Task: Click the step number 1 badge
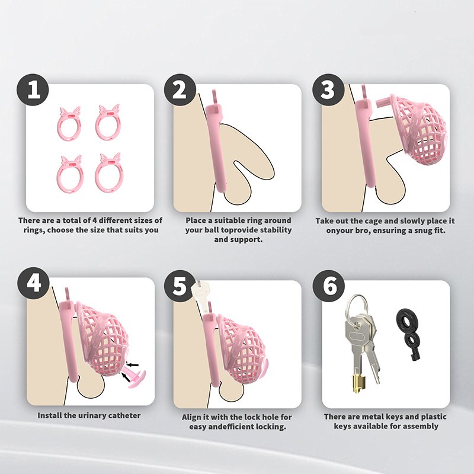click(33, 90)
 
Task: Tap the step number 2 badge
click(180, 90)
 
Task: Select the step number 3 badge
click(328, 90)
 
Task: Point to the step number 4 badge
click(33, 283)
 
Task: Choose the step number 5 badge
click(180, 286)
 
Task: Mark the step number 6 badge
click(329, 286)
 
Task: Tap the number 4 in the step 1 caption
click(95, 220)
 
